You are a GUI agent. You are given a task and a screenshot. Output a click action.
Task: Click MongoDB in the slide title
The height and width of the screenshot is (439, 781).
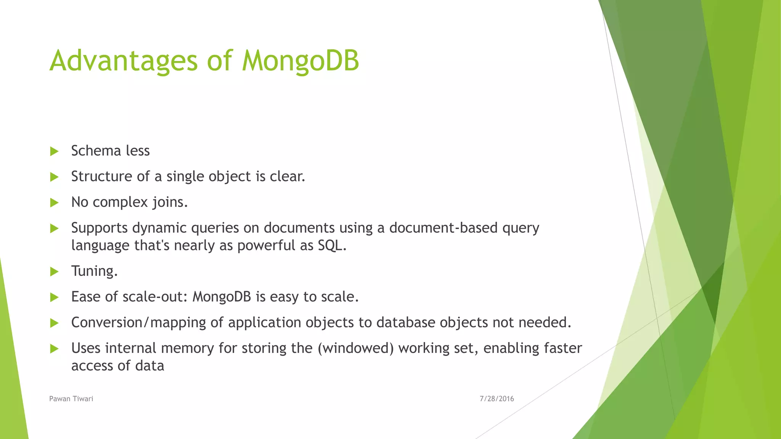[x=301, y=61]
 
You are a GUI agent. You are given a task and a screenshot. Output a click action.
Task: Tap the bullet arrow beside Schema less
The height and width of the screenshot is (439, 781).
[x=54, y=152]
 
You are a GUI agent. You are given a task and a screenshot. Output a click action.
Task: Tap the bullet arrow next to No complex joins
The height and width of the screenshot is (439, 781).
[x=54, y=203]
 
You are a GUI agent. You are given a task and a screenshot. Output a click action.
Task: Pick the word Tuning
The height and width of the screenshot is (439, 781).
[x=94, y=271]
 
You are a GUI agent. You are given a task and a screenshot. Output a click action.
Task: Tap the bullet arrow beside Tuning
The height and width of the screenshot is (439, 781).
[x=54, y=272]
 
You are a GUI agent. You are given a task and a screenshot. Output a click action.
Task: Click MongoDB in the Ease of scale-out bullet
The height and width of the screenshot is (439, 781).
[x=222, y=297]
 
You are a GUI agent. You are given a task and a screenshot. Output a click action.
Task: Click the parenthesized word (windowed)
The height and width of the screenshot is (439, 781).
[x=355, y=348]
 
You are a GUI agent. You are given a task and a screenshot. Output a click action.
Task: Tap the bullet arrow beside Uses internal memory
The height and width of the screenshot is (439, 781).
[x=54, y=349]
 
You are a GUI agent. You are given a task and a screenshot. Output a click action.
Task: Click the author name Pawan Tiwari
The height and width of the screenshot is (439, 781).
[x=71, y=399]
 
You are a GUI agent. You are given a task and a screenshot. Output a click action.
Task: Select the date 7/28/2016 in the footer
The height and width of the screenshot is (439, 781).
[x=497, y=399]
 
